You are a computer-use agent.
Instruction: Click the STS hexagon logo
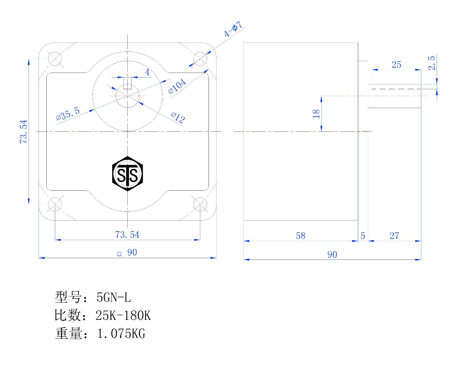point(127,174)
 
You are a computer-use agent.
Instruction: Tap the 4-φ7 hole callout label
point(233,29)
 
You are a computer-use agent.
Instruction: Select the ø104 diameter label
point(177,86)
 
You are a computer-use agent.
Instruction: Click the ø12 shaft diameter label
point(178,117)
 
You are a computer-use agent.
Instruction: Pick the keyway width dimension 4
point(147,72)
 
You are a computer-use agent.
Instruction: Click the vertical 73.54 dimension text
point(23,131)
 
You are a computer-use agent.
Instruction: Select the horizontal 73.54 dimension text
point(127,235)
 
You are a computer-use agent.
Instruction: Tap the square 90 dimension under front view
point(127,253)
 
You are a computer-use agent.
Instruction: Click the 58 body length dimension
point(300,236)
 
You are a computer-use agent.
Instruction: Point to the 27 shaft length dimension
point(394,236)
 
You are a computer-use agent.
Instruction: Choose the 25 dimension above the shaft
point(396,65)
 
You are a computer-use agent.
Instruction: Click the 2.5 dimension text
point(432,63)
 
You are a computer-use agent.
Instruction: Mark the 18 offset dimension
point(316,113)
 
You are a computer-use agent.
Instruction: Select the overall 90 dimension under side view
point(332,254)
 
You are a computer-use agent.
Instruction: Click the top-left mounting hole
point(55,59)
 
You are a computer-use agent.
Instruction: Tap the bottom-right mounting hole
point(200,204)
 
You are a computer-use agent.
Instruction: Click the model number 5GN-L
point(114,298)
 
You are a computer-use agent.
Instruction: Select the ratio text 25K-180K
point(123,316)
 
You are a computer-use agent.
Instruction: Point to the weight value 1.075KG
point(121,334)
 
